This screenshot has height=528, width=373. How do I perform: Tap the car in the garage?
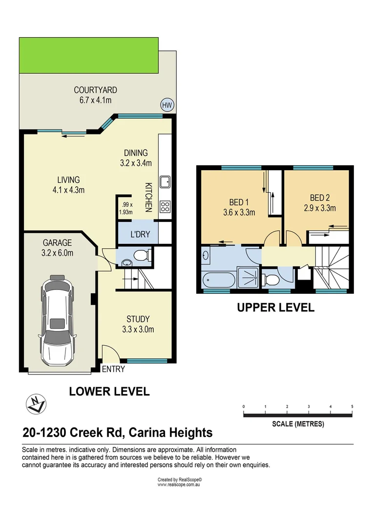point(58,320)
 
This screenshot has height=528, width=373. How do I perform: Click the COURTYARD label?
point(95,90)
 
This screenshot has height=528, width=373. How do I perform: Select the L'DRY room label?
point(140,234)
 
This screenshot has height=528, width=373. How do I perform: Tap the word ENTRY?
point(113,369)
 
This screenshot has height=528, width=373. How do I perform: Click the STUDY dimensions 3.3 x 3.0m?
point(138,330)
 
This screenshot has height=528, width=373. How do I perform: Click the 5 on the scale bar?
point(352,407)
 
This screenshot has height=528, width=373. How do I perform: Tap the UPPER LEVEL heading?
point(275,308)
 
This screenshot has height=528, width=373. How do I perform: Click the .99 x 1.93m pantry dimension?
point(126,209)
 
